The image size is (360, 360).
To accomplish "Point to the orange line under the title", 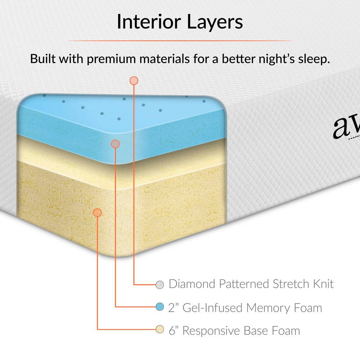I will pos(180,41).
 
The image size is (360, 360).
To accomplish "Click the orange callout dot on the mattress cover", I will pos(134,81).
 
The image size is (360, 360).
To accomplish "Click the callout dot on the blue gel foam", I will pos(115,144).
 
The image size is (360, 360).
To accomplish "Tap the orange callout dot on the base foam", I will pos(97,212).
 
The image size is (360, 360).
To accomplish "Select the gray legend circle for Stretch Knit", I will pos(160,284).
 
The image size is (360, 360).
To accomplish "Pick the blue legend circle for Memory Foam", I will pos(160,307).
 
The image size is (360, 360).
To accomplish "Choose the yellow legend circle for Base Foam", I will pos(160,329).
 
